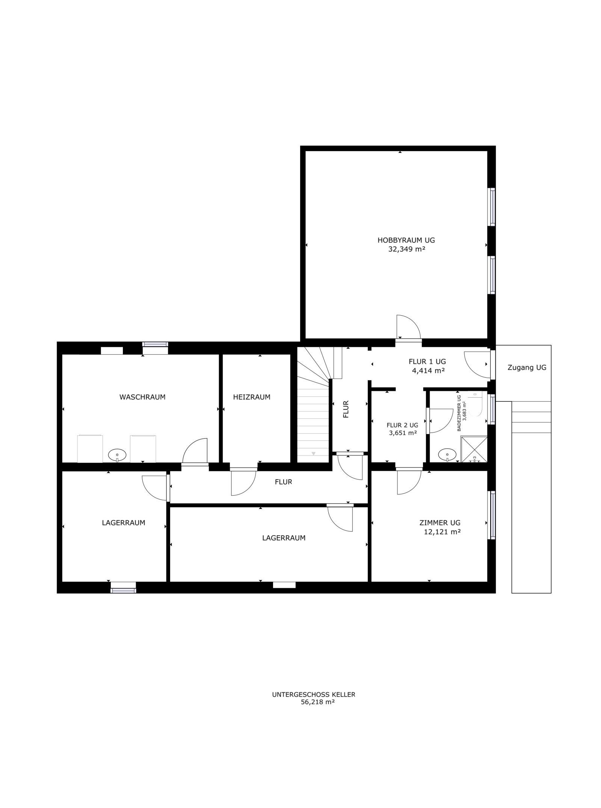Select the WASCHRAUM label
[x=142, y=397]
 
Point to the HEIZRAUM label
[x=252, y=397]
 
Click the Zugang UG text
[x=527, y=368]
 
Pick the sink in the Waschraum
[x=117, y=455]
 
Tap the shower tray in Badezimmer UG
[x=474, y=449]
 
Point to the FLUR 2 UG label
[x=402, y=425]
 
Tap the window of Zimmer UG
[x=492, y=514]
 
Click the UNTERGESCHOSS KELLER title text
[x=313, y=695]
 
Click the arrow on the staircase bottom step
[x=313, y=454]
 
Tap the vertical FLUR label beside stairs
[x=346, y=409]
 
